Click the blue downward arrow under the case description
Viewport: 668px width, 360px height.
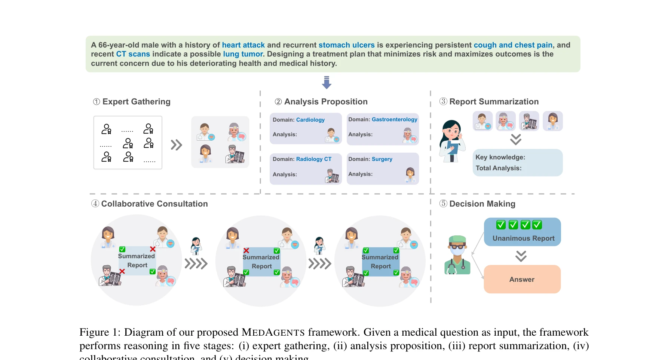coord(327,82)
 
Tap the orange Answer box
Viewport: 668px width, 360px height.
coord(522,279)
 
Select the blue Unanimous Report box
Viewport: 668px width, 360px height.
coord(523,232)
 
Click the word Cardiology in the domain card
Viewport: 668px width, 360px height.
coord(310,120)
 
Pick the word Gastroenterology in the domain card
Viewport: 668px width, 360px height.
coord(394,119)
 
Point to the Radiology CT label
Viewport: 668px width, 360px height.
coord(313,159)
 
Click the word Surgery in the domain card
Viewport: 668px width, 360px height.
coord(382,159)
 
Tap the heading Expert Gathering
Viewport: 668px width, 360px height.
coord(136,102)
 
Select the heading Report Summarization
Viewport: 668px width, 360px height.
coord(494,102)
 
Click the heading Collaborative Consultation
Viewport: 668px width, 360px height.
coord(154,204)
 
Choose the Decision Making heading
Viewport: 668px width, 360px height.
coord(482,204)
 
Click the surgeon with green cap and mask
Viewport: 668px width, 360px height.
coord(457,255)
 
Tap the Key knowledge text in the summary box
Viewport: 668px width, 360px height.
coord(500,157)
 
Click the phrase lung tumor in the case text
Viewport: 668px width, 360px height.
coord(243,54)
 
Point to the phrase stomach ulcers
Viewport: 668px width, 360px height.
coord(346,45)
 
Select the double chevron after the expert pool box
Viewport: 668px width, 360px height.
coord(176,145)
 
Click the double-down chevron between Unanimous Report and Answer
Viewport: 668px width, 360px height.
coord(521,256)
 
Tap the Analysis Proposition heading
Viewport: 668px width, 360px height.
coord(325,102)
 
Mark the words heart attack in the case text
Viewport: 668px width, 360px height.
coord(243,45)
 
